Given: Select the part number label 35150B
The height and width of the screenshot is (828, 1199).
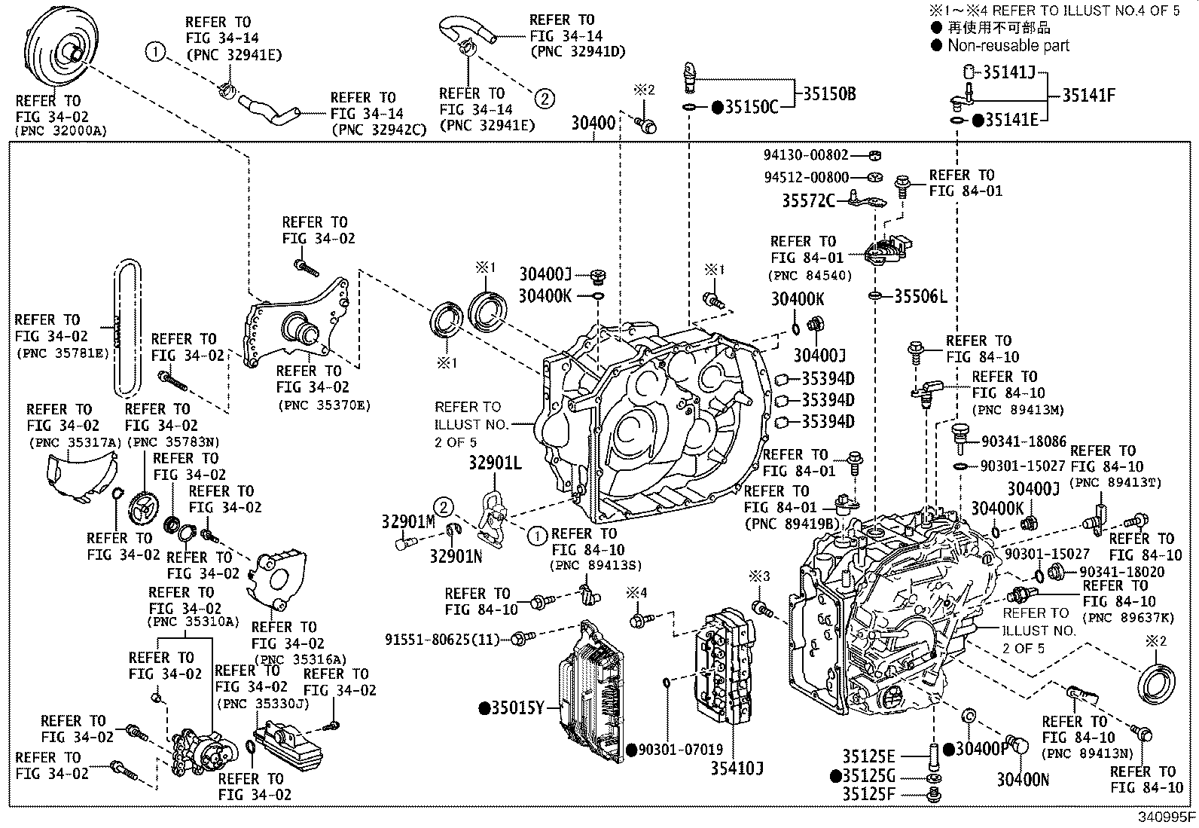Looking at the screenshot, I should [x=828, y=94].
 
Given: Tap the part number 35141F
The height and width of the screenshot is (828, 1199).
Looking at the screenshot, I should [x=1088, y=95].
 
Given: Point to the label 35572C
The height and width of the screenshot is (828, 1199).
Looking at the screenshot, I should [x=808, y=200].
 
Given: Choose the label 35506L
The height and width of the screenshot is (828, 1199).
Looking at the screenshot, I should [x=920, y=296].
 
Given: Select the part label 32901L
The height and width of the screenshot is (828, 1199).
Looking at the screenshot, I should [x=495, y=463].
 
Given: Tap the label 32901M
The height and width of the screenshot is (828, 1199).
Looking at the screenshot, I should [x=408, y=521].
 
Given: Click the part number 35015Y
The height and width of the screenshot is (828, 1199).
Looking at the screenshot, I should [x=517, y=708].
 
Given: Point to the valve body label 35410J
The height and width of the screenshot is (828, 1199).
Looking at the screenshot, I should [x=737, y=768].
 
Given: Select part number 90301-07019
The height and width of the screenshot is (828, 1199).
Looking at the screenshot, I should [x=680, y=750].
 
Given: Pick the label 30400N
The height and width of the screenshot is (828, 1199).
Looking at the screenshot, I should [x=1023, y=780].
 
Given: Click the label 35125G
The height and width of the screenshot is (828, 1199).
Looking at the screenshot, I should [x=868, y=776].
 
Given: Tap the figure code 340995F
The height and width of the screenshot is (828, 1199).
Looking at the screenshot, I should [x=1166, y=817].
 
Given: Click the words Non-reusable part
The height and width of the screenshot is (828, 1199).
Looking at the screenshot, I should [x=1008, y=45].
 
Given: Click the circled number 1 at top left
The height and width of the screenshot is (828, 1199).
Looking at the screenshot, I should [x=155, y=52].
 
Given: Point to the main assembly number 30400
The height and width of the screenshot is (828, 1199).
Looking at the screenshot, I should [x=593, y=122].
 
